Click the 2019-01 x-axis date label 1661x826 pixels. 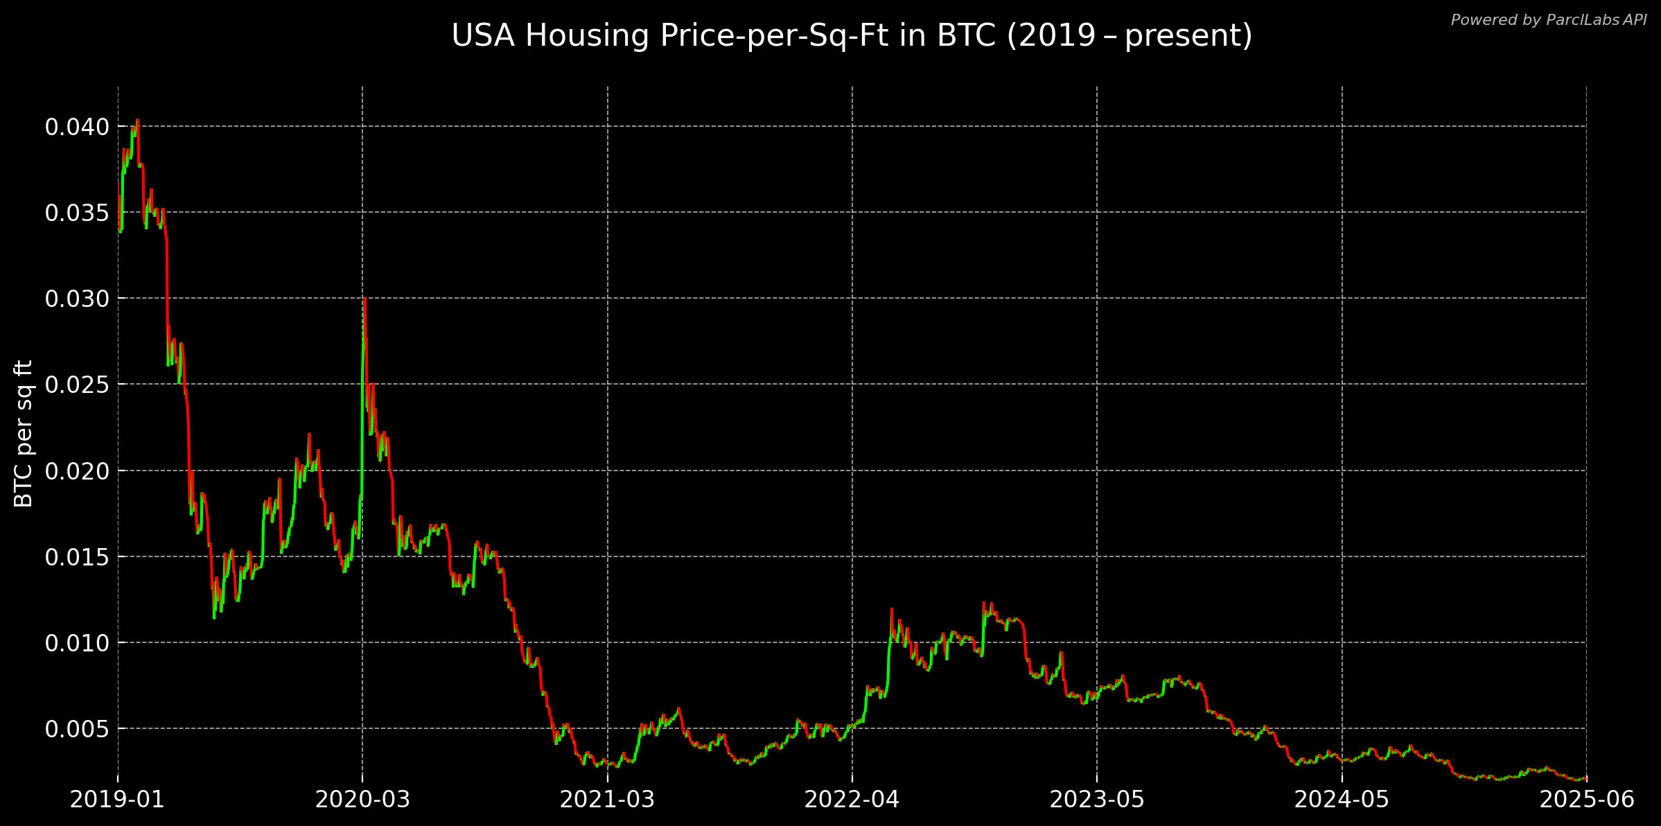[x=117, y=800]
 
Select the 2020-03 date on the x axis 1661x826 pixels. [x=362, y=800]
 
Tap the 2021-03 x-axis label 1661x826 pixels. [x=607, y=800]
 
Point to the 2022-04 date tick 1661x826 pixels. [x=852, y=800]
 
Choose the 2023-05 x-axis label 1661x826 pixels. [x=1096, y=800]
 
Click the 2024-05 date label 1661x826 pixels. [x=1342, y=800]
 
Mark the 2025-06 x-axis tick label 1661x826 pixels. [x=1586, y=800]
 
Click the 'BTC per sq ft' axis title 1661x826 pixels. [x=24, y=433]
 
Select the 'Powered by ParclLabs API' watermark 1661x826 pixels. [x=1548, y=20]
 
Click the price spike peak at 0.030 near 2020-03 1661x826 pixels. [x=364, y=299]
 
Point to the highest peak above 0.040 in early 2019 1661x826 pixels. [x=137, y=120]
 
